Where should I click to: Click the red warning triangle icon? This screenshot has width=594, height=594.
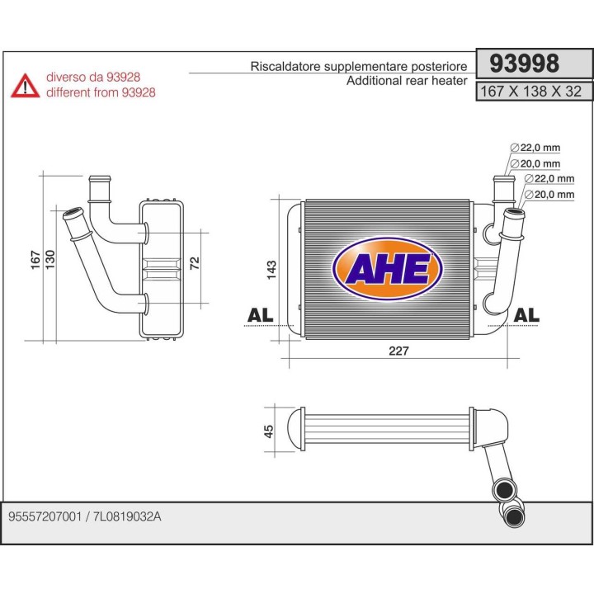[x=25, y=85]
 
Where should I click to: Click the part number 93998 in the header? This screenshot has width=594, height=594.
[x=525, y=64]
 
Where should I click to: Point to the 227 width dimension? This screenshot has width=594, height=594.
[x=398, y=350]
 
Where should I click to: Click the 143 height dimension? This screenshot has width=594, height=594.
[x=272, y=270]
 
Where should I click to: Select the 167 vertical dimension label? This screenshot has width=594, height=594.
[x=35, y=258]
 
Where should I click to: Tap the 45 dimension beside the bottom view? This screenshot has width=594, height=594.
[x=268, y=431]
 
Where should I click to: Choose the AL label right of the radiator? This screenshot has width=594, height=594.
[x=526, y=314]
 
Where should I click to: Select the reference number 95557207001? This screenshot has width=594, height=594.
[x=44, y=517]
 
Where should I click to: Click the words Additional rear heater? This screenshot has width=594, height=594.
[x=407, y=81]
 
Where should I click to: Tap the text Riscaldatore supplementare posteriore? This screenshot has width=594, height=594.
[x=359, y=67]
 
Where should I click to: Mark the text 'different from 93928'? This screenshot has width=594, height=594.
[x=101, y=92]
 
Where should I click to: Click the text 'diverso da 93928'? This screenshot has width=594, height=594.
[x=94, y=78]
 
